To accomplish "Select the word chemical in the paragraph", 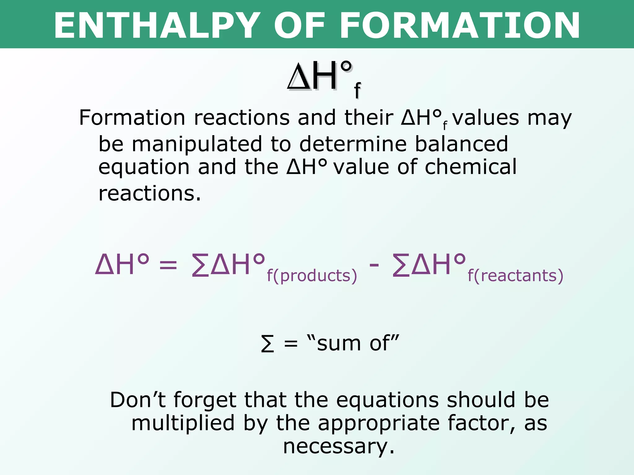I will [471, 167].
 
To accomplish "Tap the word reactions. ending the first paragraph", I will [150, 194].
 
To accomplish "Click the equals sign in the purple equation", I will [168, 265].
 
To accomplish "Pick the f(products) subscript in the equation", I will [312, 276].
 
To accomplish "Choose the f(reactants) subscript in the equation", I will [515, 276].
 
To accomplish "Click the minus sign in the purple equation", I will [374, 265].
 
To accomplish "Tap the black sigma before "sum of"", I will [267, 344].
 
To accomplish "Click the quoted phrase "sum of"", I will [353, 343].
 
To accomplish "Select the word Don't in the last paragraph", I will [138, 400].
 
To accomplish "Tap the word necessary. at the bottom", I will [339, 447].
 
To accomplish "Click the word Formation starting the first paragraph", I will [132, 118].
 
